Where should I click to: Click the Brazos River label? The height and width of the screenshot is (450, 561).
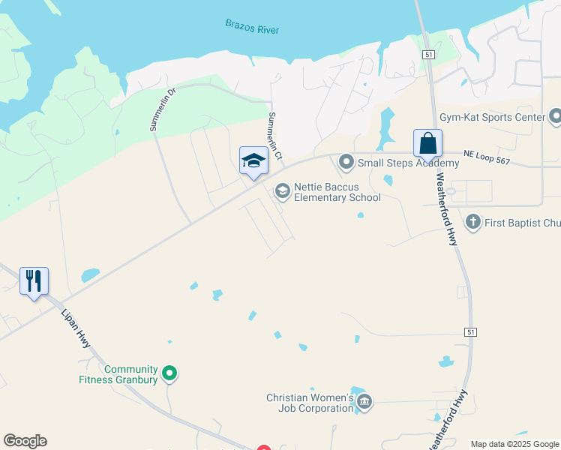(x=252, y=27)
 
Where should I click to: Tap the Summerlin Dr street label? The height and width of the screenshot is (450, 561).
(x=162, y=110)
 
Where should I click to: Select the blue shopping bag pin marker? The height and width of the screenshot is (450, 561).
(x=427, y=144)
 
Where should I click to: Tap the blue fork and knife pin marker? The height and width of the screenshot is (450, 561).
(x=34, y=281)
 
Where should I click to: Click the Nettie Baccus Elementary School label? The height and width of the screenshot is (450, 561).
(x=337, y=192)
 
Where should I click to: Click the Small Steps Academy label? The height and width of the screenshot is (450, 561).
(x=408, y=163)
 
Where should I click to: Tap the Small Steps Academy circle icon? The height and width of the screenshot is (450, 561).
(x=346, y=162)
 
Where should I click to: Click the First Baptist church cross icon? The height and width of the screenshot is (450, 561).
(x=472, y=222)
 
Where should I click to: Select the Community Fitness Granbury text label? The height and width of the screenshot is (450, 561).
(x=119, y=374)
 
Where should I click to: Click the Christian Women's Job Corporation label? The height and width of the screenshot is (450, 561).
(x=310, y=403)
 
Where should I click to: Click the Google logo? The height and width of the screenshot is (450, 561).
(x=25, y=441)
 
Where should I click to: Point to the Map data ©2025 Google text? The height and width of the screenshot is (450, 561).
(x=514, y=444)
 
